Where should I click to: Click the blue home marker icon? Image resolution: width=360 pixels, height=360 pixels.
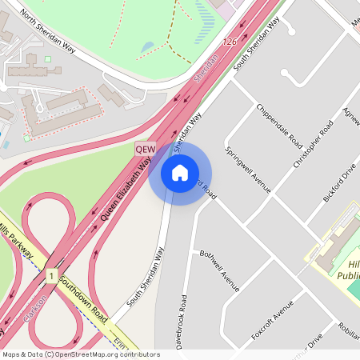(180, 172)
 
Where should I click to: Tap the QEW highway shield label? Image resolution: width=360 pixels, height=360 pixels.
(145, 149)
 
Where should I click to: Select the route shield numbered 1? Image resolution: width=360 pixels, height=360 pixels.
(50, 276)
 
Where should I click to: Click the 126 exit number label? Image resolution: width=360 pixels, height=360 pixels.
(230, 42)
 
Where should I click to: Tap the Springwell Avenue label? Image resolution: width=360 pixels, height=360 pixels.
(248, 170)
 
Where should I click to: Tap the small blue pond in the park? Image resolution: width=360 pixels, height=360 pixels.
(147, 48)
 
